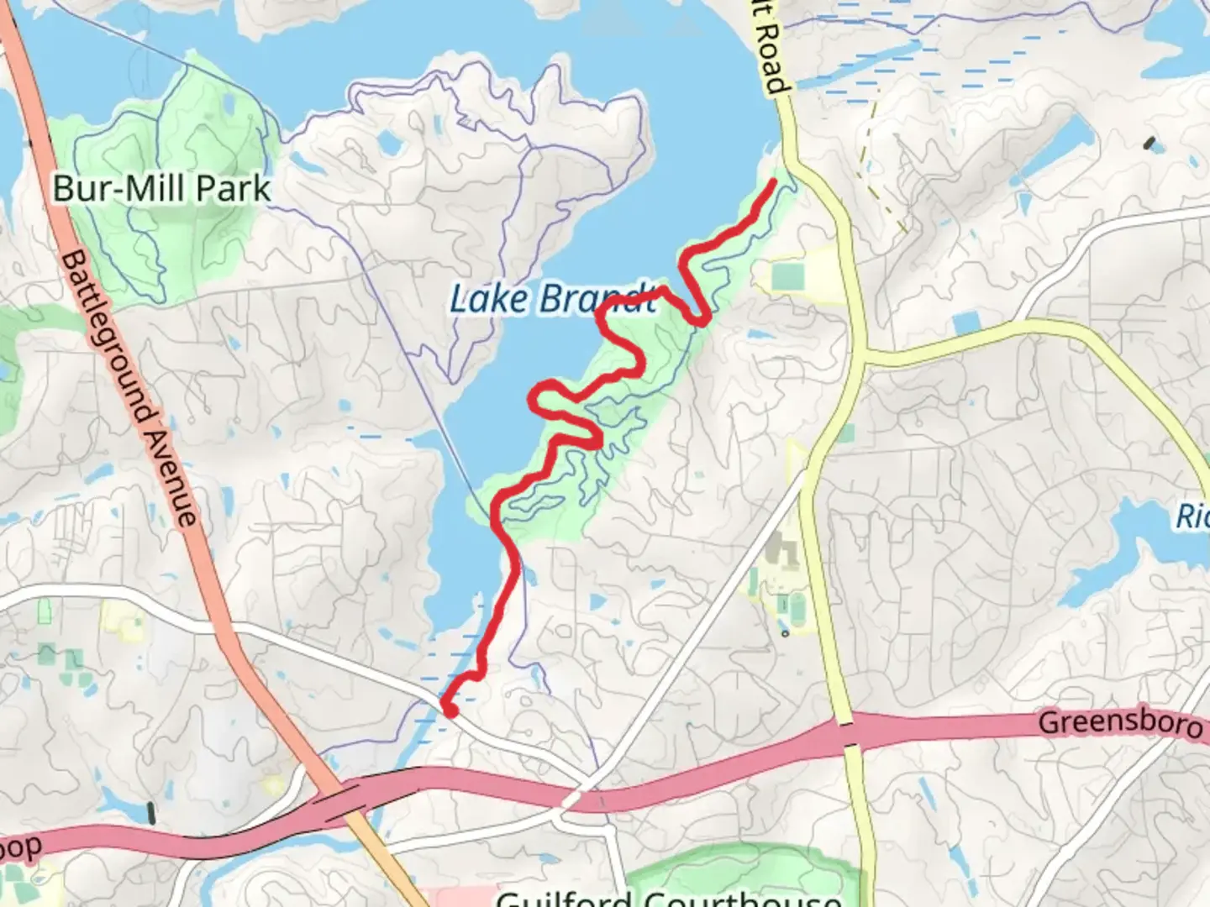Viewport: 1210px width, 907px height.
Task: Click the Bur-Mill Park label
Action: [161, 188]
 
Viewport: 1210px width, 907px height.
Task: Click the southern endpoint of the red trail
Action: [450, 710]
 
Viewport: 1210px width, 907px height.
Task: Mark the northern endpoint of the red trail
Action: [771, 181]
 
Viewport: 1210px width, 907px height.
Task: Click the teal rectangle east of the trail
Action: [786, 275]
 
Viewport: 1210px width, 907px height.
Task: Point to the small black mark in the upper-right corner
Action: [1149, 142]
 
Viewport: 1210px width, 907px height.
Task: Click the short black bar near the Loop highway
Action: [151, 812]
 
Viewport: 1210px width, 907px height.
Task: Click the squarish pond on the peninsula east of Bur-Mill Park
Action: [388, 144]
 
